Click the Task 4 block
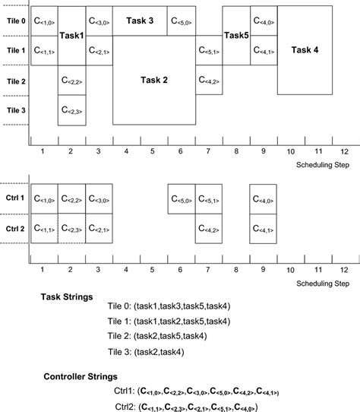tap(305, 50)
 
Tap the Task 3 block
tap(140, 21)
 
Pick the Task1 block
tap(71, 36)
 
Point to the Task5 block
tap(235, 36)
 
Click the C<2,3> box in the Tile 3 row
tap(71, 110)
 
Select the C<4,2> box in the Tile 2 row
tap(209, 81)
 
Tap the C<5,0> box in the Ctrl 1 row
tap(181, 199)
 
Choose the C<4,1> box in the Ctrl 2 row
tap(264, 228)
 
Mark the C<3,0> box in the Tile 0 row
tap(99, 21)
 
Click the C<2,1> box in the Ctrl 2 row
tap(99, 228)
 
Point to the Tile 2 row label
tap(16, 81)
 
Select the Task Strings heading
tap(67, 297)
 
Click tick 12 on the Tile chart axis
tap(345, 152)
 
